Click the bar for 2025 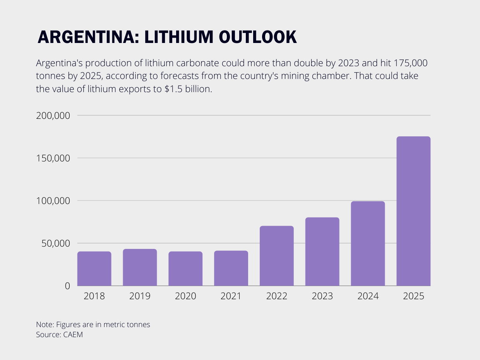click(413, 211)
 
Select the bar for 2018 click(94, 269)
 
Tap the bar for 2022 click(276, 256)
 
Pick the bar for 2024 click(368, 243)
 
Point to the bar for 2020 click(185, 269)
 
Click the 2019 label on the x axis click(140, 296)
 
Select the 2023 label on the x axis click(322, 296)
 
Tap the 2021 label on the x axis click(231, 296)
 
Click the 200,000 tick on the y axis click(53, 116)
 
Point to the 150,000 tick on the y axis click(53, 158)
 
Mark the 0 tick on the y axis click(67, 286)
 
